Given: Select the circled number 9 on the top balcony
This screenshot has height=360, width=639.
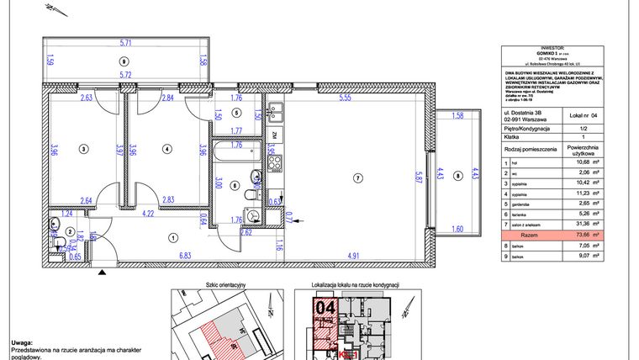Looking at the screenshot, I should tap(124, 61).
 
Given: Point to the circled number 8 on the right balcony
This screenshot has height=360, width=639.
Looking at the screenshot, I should tap(457, 176).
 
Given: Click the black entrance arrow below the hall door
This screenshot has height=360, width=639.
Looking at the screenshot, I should tap(103, 272).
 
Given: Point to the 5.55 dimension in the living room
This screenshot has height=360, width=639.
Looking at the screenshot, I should tap(345, 98).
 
